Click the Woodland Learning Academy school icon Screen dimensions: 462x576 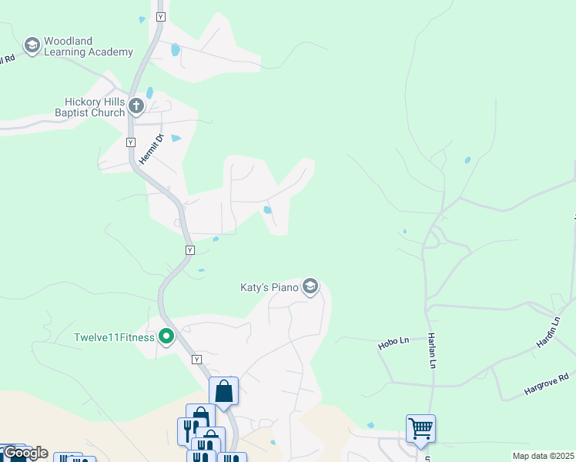(32, 46)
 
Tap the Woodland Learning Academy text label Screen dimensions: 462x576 (89, 46)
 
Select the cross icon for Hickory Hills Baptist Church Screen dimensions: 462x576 (136, 105)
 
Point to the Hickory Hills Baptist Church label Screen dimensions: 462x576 (94, 107)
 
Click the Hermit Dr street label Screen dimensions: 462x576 (152, 149)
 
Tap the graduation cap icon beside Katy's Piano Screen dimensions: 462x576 (310, 287)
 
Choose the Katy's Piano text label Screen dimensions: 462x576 (270, 288)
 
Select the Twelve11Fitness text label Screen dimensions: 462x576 (114, 337)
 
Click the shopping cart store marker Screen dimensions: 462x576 (420, 427)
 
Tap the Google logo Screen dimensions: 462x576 (25, 453)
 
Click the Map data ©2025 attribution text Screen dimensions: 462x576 (544, 457)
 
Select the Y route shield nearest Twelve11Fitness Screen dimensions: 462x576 (197, 360)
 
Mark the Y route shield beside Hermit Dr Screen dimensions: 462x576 (130, 142)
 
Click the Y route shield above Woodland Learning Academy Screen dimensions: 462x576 (160, 16)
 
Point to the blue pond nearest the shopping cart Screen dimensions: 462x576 (371, 425)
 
